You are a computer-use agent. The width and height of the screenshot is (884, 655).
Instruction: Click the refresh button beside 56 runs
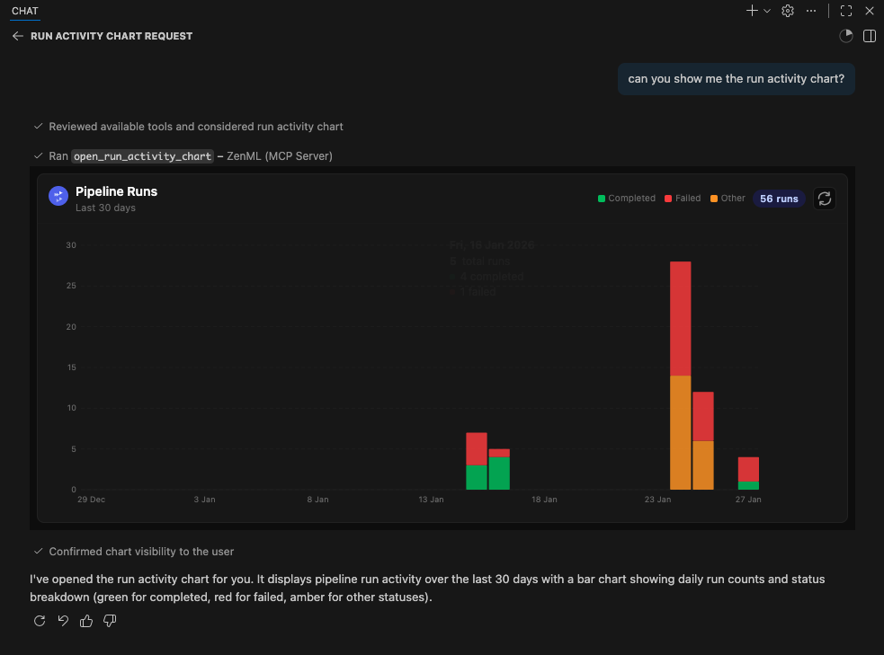click(824, 199)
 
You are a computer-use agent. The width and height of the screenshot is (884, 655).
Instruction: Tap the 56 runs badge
click(779, 199)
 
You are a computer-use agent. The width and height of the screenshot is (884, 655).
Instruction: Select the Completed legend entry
click(626, 199)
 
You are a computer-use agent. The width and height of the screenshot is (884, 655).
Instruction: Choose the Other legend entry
click(728, 199)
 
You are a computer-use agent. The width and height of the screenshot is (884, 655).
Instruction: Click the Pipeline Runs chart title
click(116, 191)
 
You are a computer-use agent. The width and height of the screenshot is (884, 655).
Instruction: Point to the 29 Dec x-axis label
click(92, 499)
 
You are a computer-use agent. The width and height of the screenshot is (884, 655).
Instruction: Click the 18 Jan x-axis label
click(544, 499)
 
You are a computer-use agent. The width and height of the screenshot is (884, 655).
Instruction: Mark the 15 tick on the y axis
click(71, 367)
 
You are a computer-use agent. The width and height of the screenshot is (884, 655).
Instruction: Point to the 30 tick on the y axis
click(71, 245)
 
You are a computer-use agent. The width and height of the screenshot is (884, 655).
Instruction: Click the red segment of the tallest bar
click(681, 318)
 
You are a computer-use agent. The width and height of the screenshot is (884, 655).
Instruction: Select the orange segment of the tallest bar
click(681, 432)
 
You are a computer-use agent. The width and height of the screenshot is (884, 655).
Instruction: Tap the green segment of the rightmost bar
click(748, 485)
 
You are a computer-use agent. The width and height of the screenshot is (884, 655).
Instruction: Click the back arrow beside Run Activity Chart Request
click(17, 36)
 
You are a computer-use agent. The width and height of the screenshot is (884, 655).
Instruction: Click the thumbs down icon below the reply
click(110, 621)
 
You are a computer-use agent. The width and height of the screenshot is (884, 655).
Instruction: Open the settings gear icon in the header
click(788, 11)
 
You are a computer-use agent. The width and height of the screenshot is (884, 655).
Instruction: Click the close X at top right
click(870, 11)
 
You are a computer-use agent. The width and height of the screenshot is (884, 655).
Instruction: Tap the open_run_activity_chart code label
click(142, 156)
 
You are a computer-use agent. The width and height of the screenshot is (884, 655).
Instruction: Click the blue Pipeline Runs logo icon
click(58, 197)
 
